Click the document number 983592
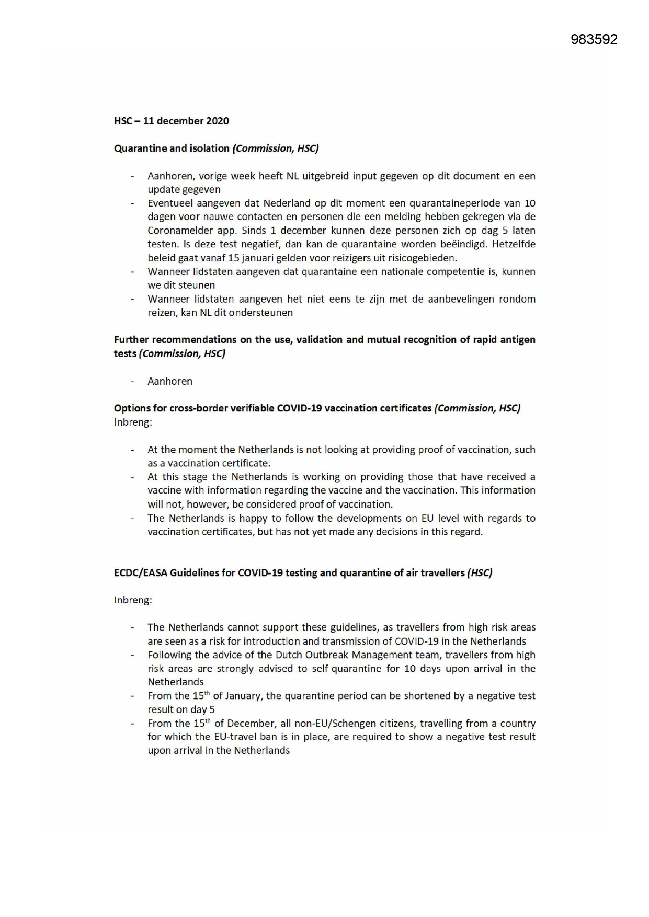594,39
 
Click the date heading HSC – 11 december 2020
172,121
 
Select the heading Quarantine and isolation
172,148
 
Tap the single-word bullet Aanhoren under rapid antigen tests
170,381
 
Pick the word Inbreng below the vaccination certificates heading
132,422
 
